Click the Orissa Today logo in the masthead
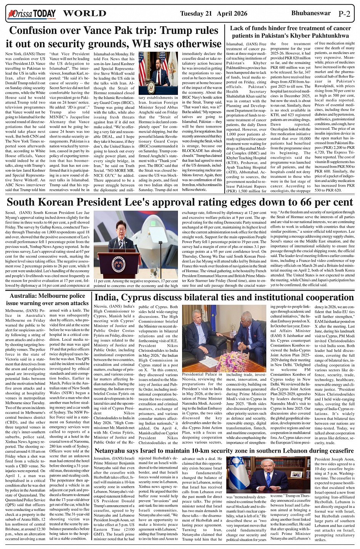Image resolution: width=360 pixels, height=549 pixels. click(32, 14)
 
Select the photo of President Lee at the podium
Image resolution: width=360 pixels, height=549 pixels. click(136, 244)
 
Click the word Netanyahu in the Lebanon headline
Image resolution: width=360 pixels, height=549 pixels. click(115, 452)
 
